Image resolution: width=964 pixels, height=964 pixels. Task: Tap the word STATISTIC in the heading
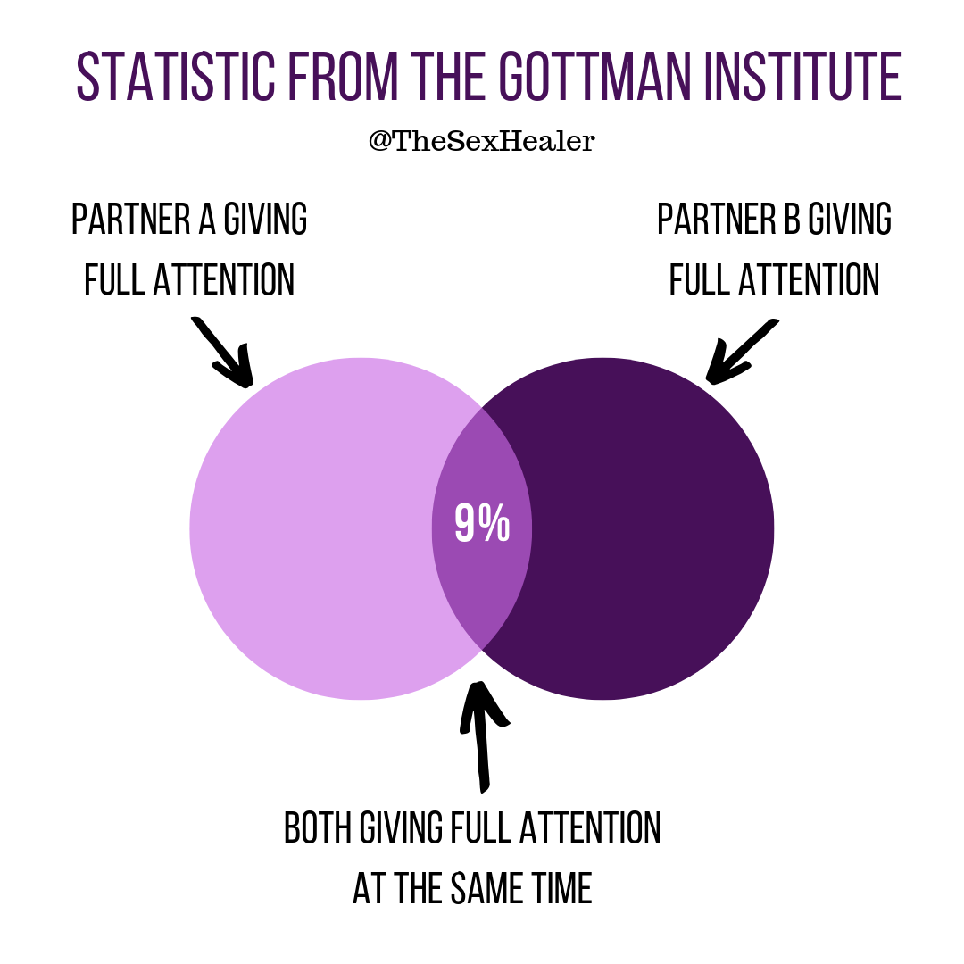[x=176, y=76]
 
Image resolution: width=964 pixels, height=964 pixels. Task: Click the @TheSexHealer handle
[x=481, y=141]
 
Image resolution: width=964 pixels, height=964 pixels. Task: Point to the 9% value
[x=482, y=522]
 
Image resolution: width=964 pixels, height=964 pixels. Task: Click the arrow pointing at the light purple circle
[x=223, y=353]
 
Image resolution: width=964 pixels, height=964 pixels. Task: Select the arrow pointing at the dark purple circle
[x=742, y=351]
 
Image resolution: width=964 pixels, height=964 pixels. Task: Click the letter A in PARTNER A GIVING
[x=206, y=219]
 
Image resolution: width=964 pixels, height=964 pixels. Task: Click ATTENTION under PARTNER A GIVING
[x=224, y=279]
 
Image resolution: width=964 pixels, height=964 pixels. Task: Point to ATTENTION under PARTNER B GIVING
[x=809, y=279]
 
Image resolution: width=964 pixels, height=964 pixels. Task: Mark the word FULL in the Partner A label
[x=115, y=279]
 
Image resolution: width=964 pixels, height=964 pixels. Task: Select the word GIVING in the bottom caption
[x=401, y=827]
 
